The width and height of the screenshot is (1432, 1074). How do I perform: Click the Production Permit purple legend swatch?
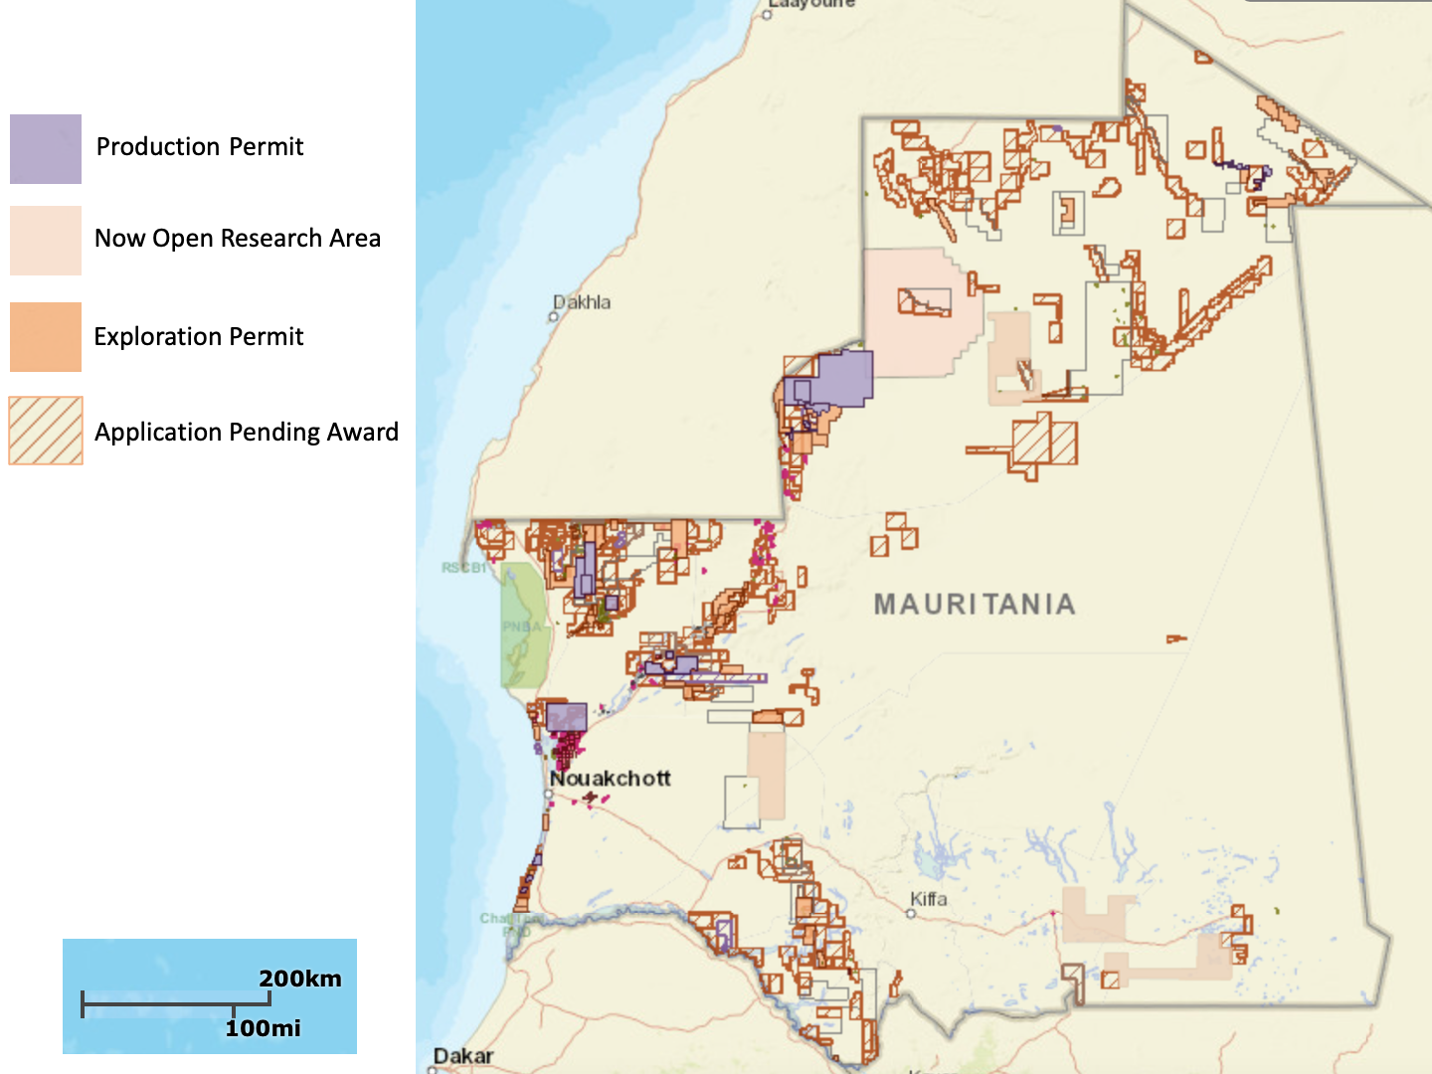point(46,149)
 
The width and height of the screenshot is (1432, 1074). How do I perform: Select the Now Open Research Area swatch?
point(46,241)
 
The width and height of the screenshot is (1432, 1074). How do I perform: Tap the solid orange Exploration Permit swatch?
point(46,337)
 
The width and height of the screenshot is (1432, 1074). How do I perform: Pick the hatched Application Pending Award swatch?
point(46,431)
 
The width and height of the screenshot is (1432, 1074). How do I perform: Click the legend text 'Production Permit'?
point(200,147)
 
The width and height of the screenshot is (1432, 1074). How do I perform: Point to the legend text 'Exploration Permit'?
point(199,337)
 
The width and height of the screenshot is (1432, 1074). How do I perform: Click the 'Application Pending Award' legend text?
point(247,433)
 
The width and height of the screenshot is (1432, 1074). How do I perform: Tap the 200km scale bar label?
point(300,979)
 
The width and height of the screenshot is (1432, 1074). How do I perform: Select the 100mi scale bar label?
point(263,1028)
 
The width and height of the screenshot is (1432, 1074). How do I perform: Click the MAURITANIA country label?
point(975,605)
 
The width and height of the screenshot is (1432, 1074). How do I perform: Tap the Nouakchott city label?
point(611,779)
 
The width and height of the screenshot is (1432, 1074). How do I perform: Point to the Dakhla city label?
point(583,302)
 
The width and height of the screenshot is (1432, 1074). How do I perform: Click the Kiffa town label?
point(929,899)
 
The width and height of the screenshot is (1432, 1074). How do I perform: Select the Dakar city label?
point(463,1056)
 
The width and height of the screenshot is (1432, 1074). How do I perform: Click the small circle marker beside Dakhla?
point(554,317)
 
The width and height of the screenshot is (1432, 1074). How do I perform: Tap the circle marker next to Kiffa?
point(911,913)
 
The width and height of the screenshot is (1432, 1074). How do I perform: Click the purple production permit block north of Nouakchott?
point(566,717)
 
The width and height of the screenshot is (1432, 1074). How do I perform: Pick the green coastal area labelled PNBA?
point(523,626)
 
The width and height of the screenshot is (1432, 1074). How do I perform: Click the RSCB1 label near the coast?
point(463,568)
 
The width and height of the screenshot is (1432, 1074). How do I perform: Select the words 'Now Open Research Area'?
point(238,239)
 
